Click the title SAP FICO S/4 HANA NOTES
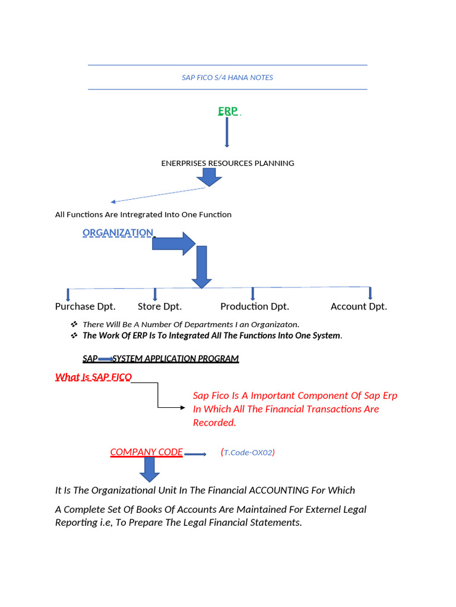click(x=227, y=78)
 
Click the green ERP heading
click(x=227, y=111)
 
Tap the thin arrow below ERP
click(x=227, y=132)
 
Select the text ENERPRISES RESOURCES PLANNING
click(x=227, y=163)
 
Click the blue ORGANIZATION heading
click(x=118, y=232)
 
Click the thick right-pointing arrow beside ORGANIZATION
click(x=173, y=243)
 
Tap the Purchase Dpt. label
click(x=85, y=306)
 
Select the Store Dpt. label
click(x=159, y=306)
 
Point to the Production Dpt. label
click(x=254, y=306)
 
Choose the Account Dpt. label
click(x=359, y=306)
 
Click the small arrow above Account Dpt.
click(x=370, y=293)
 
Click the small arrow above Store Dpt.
click(x=155, y=294)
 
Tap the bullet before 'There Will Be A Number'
click(x=74, y=324)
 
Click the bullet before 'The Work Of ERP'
click(x=74, y=336)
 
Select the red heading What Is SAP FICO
click(x=93, y=377)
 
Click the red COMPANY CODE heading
click(x=146, y=452)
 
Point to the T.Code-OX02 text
click(x=248, y=452)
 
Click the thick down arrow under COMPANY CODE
click(x=149, y=469)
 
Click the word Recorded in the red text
click(x=214, y=423)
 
